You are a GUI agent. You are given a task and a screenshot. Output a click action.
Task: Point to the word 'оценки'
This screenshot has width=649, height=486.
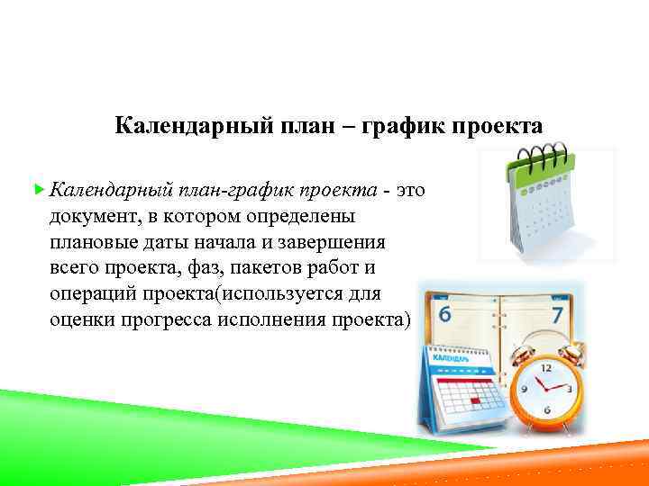(x=81, y=320)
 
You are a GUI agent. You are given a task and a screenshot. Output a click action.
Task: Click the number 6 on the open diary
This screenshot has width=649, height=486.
(x=443, y=314)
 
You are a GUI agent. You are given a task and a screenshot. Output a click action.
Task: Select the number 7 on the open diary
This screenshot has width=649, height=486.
(x=557, y=314)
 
